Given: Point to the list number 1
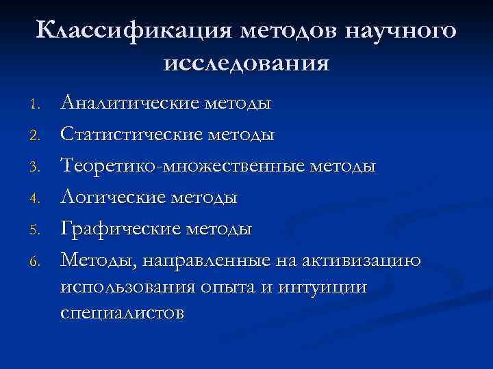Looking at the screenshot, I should (39, 105).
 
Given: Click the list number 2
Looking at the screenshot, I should (39, 136).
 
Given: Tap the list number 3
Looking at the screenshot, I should (39, 167).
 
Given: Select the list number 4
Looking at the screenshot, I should (39, 199).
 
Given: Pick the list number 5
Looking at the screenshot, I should (39, 230).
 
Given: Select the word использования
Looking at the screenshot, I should (129, 287).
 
